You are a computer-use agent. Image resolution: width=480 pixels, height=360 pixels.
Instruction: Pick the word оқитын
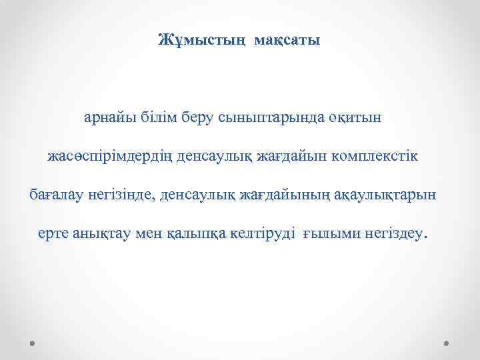pos(356,118)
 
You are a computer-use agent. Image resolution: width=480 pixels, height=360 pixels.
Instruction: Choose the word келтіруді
pos(258,235)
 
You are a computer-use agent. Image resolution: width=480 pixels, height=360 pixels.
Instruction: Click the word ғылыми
pos(328,235)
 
